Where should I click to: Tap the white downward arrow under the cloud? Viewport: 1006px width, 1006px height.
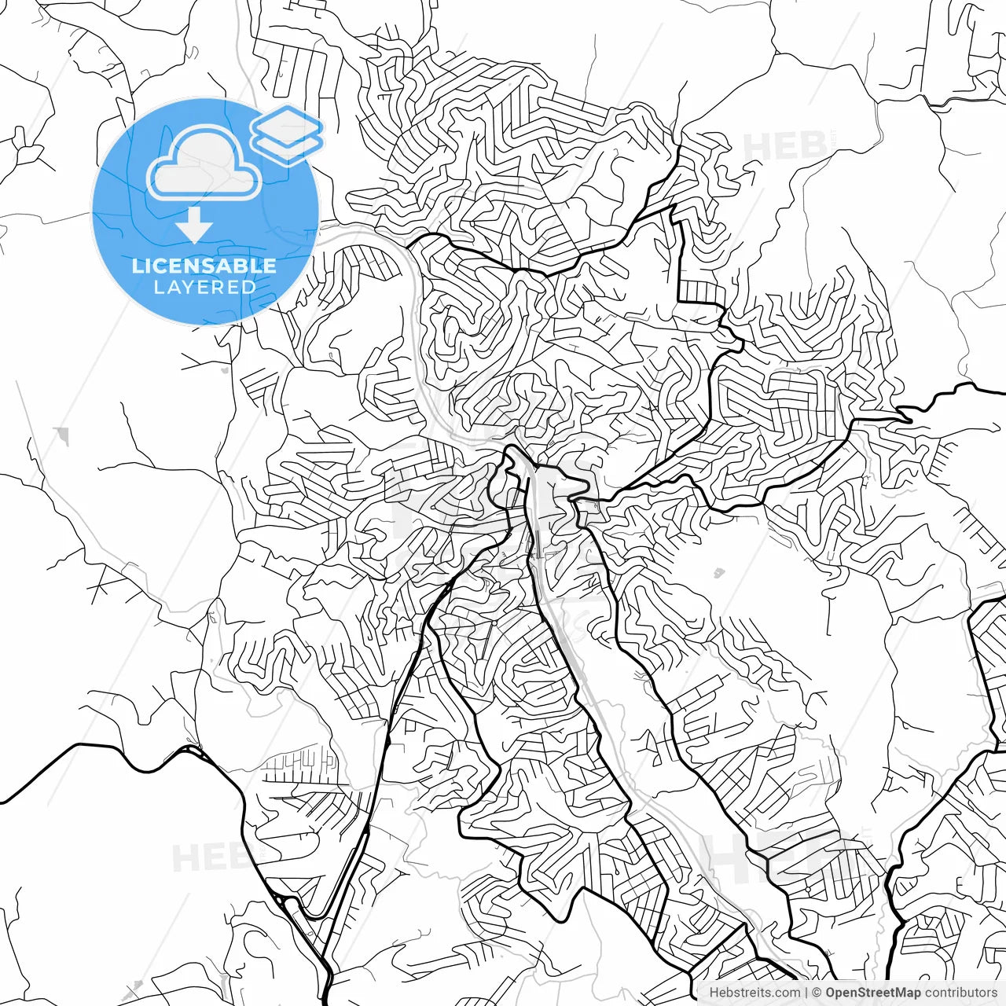(193, 226)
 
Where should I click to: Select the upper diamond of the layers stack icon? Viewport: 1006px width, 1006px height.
(287, 123)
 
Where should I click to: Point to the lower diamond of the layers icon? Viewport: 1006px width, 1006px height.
(287, 145)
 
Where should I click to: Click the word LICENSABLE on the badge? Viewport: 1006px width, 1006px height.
(204, 266)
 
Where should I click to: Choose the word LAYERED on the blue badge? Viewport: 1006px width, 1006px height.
(204, 287)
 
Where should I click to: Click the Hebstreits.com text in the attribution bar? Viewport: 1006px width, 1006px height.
(754, 993)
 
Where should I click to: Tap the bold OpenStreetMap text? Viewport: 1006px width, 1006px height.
(872, 993)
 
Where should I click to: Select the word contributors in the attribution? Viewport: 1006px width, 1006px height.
(960, 993)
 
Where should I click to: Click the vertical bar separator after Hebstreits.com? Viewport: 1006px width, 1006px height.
(806, 993)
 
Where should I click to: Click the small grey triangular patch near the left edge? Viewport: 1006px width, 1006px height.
(61, 435)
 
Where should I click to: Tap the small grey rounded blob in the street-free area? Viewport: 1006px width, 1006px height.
(718, 572)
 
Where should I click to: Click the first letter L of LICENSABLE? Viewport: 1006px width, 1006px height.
(138, 266)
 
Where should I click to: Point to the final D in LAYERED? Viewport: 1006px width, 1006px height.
(249, 287)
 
